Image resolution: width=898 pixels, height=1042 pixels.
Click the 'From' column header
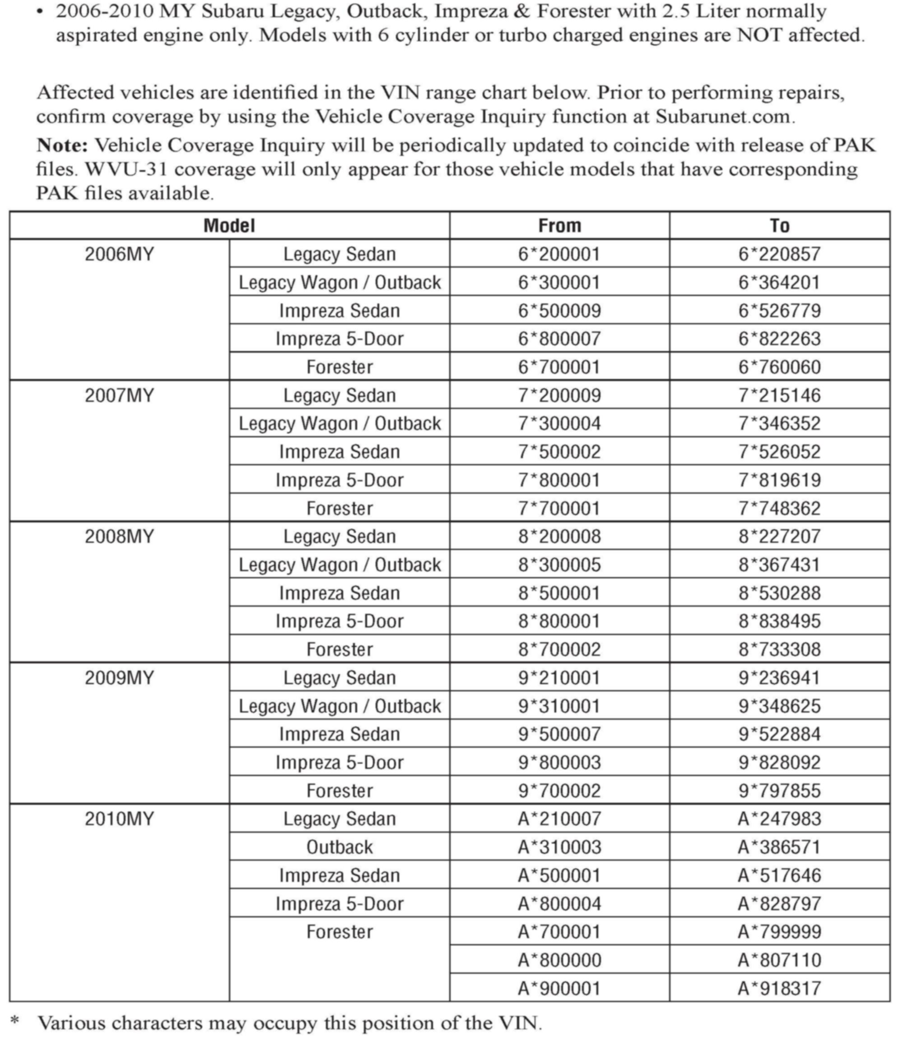[x=559, y=225]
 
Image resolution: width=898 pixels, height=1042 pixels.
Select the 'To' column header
[x=779, y=225]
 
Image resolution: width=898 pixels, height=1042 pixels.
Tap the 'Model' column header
[x=229, y=225]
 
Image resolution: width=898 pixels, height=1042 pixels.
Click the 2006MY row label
[x=119, y=254]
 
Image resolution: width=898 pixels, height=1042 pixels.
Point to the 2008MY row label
[x=119, y=537]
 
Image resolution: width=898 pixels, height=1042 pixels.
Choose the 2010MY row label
[x=119, y=819]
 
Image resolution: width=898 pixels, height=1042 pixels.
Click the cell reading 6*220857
[x=779, y=254]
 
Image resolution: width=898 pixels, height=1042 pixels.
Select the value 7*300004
[x=559, y=423]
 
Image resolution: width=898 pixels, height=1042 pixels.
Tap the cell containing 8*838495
[x=779, y=621]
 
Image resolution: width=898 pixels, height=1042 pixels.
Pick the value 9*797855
[x=779, y=791]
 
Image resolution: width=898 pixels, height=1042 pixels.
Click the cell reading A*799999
[x=779, y=932]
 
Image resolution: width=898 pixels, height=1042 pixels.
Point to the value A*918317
[x=779, y=989]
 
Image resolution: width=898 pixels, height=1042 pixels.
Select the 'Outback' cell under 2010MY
[x=340, y=847]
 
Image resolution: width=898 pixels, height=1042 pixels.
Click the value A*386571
[x=779, y=847]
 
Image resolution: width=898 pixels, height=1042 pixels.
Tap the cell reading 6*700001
[x=559, y=367]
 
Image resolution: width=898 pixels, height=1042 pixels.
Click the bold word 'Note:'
[x=62, y=145]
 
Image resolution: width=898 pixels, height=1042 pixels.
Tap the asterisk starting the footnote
[x=15, y=1020]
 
